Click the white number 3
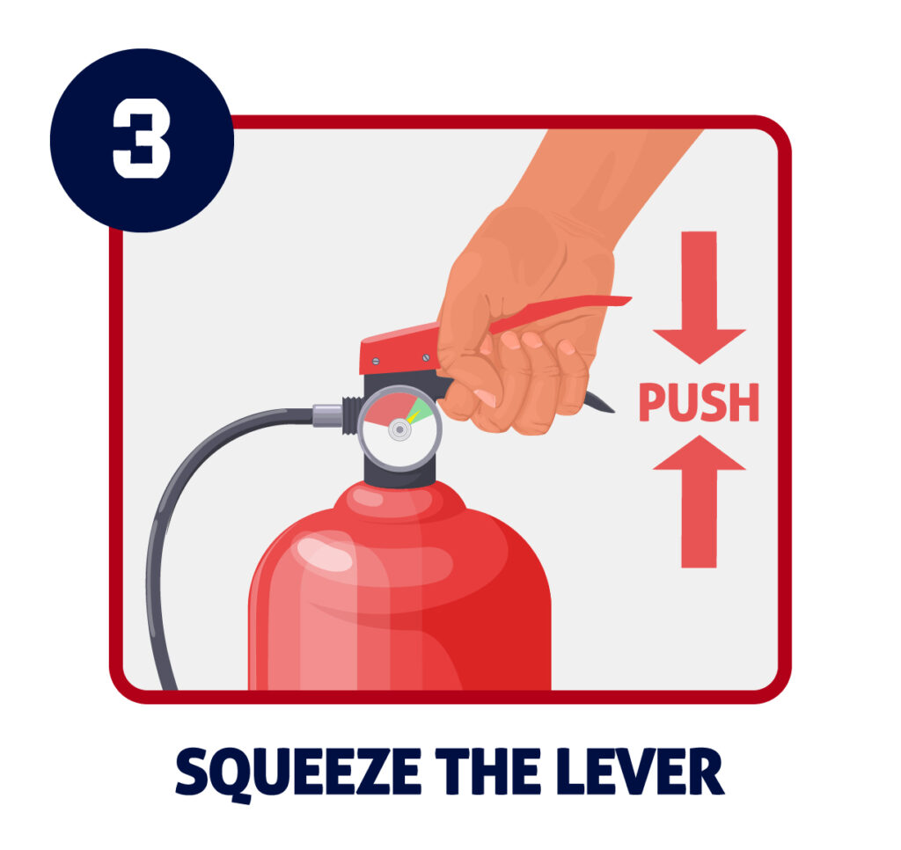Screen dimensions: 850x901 pyautogui.click(x=141, y=140)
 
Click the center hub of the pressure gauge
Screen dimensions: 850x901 pyautogui.click(x=399, y=429)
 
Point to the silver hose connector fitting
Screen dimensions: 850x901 pyautogui.click(x=327, y=415)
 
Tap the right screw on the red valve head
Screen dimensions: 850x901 pyautogui.click(x=427, y=357)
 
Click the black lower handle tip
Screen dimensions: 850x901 pyautogui.click(x=598, y=404)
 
